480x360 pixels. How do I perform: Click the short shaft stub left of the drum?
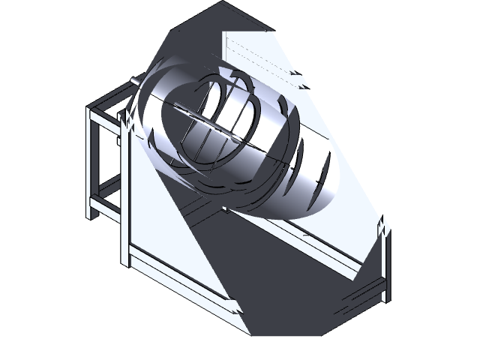(135, 79)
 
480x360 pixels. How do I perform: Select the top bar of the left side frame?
(112, 97)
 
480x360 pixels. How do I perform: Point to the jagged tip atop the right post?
(384, 224)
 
